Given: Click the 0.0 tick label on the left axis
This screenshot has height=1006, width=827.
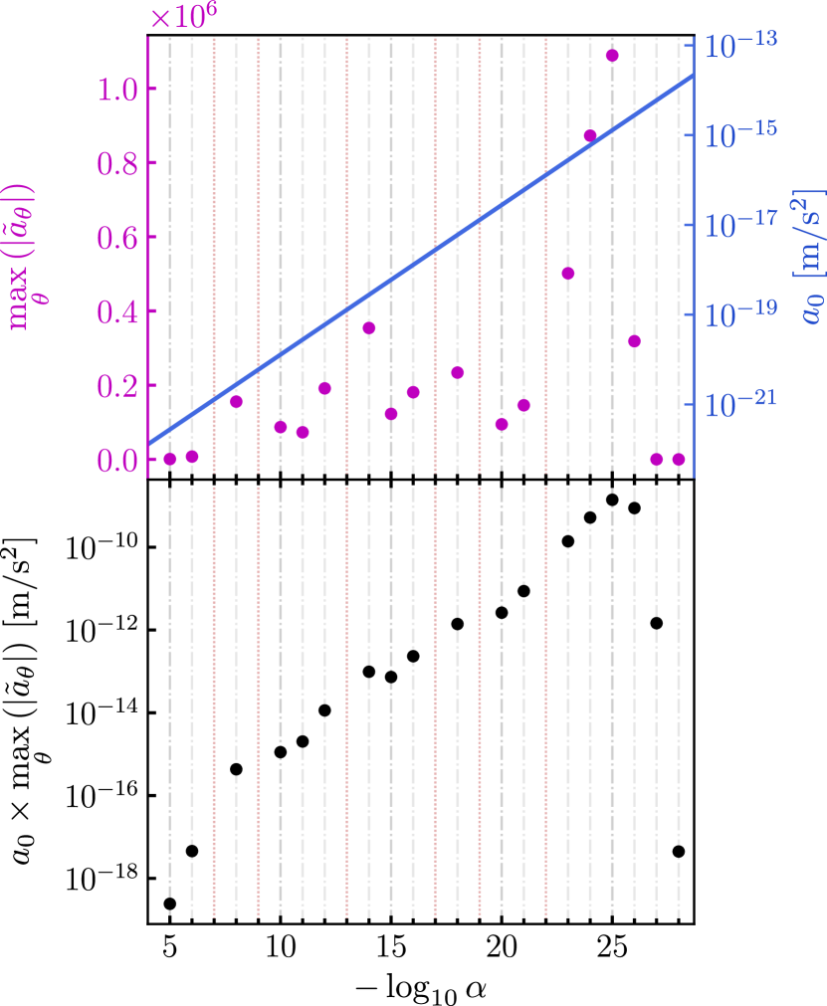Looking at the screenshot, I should tap(118, 462).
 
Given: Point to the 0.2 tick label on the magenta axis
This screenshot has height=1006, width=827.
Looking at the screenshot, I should tap(118, 387).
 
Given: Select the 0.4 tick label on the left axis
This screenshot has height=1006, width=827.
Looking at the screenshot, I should tap(118, 312).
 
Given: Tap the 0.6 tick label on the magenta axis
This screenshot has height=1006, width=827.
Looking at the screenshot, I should tap(118, 238).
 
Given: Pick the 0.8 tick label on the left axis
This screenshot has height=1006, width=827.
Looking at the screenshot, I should tap(118, 163).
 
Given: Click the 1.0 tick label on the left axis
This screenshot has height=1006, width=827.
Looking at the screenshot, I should tap(118, 90).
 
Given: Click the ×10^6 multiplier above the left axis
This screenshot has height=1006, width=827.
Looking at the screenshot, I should tap(183, 17).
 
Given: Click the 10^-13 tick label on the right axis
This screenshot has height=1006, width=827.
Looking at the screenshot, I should tap(741, 45).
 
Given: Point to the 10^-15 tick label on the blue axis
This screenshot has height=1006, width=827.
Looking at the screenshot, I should tap(741, 134).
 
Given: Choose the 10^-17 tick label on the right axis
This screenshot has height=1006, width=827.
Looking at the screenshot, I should tap(741, 224).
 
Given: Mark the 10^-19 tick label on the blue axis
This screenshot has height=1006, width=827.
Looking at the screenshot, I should tap(741, 313).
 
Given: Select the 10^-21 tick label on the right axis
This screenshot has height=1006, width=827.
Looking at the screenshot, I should tap(741, 403).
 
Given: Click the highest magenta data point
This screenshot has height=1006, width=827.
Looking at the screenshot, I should tap(612, 56).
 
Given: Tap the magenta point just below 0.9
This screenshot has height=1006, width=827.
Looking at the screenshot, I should tap(590, 136).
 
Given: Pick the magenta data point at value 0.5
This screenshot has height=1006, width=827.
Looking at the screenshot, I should tap(568, 274).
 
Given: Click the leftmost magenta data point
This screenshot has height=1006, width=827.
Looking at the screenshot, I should tap(170, 459).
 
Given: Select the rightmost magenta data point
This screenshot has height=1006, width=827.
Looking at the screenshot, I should tap(679, 459).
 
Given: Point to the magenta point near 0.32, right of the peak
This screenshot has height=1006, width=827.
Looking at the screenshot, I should tap(634, 341).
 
